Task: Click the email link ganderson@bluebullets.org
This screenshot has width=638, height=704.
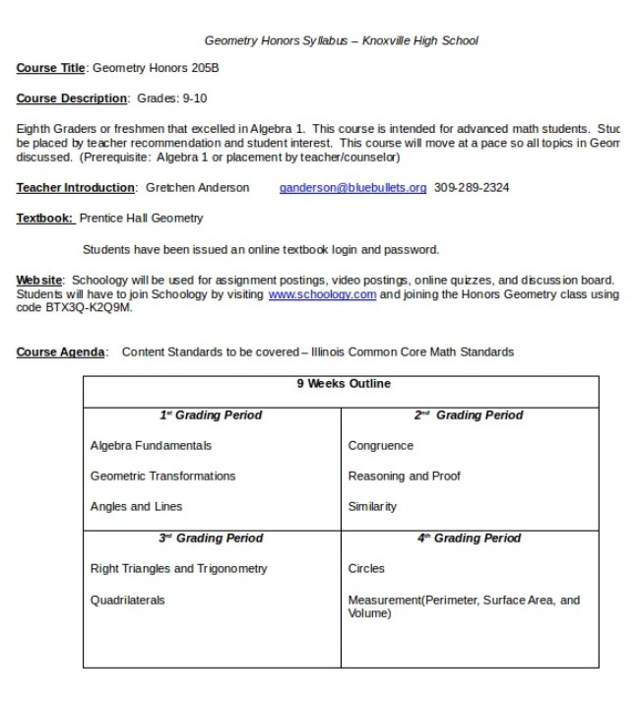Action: (x=352, y=187)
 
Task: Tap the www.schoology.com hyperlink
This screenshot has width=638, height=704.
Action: (x=322, y=294)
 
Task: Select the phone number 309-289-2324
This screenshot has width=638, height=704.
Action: (x=472, y=187)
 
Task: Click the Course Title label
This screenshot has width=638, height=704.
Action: (x=51, y=68)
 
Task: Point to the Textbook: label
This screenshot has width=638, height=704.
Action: (x=44, y=219)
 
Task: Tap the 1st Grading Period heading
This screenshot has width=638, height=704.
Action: (x=211, y=416)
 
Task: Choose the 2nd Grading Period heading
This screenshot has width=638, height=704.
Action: (x=468, y=416)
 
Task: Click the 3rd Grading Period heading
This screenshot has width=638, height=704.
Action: (x=211, y=539)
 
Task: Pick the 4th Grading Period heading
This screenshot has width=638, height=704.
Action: (x=468, y=539)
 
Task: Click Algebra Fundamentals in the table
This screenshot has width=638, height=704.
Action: (x=151, y=446)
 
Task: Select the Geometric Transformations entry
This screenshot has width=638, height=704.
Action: (x=162, y=477)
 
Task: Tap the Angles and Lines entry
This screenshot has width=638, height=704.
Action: (x=136, y=507)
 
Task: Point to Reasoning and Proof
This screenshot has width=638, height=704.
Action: (x=404, y=477)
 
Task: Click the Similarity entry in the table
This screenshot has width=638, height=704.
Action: (x=372, y=507)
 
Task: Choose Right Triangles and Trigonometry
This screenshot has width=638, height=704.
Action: (x=178, y=569)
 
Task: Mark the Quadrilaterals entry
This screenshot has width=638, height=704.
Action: (x=127, y=600)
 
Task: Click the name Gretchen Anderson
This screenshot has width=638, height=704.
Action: (x=197, y=187)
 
